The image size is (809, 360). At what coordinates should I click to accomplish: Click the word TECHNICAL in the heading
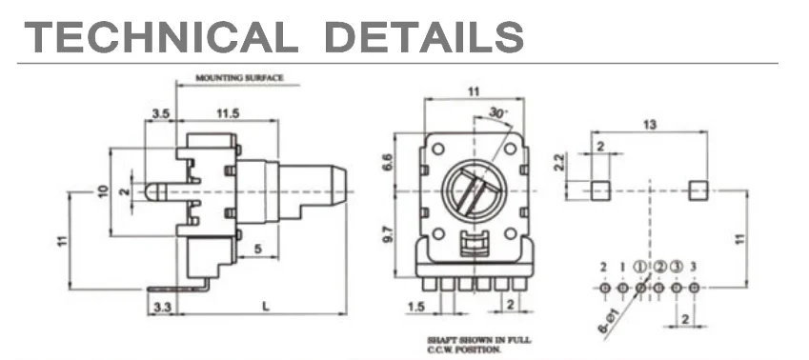(x=156, y=36)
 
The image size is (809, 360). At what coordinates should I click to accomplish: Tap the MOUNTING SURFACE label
(x=239, y=78)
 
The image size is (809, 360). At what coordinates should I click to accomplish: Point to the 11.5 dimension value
(x=227, y=114)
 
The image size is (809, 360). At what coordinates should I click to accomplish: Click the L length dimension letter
(x=262, y=306)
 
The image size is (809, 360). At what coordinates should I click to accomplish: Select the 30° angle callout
(x=497, y=111)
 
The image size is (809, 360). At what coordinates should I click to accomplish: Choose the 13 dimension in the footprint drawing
(x=649, y=124)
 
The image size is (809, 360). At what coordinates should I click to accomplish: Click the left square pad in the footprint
(x=599, y=190)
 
